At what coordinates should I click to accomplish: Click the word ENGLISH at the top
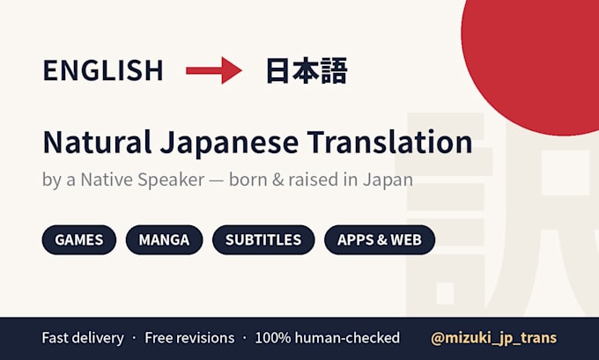[103, 70]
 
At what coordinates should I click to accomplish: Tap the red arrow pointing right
[214, 70]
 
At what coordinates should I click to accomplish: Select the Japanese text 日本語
[307, 70]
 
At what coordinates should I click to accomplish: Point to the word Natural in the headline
[97, 142]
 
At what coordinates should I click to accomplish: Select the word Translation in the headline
[390, 142]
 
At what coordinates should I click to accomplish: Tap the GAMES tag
[79, 239]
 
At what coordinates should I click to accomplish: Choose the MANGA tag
[164, 239]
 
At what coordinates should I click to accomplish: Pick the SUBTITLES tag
[263, 239]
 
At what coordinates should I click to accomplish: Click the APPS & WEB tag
[380, 239]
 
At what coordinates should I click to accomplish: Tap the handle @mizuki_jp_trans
[493, 338]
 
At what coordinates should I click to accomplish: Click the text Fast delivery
[83, 338]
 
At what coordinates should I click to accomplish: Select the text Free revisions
[189, 338]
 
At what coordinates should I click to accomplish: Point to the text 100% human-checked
[328, 338]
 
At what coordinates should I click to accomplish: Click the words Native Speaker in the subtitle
[143, 180]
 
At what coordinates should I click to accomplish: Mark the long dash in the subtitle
[217, 181]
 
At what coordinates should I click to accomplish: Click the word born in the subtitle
[248, 180]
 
